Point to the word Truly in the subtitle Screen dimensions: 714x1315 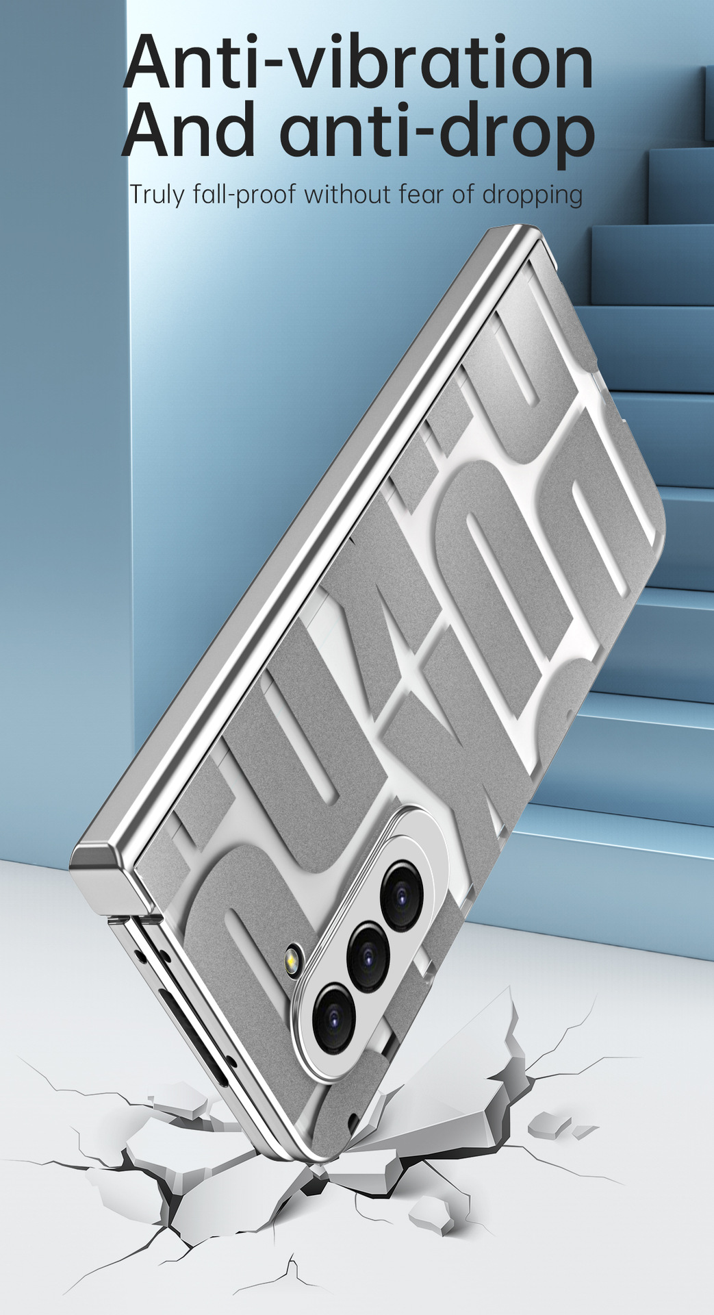[157, 195]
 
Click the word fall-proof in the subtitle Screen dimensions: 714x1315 [244, 195]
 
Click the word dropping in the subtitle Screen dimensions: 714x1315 [533, 195]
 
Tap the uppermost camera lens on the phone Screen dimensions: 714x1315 [405, 895]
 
